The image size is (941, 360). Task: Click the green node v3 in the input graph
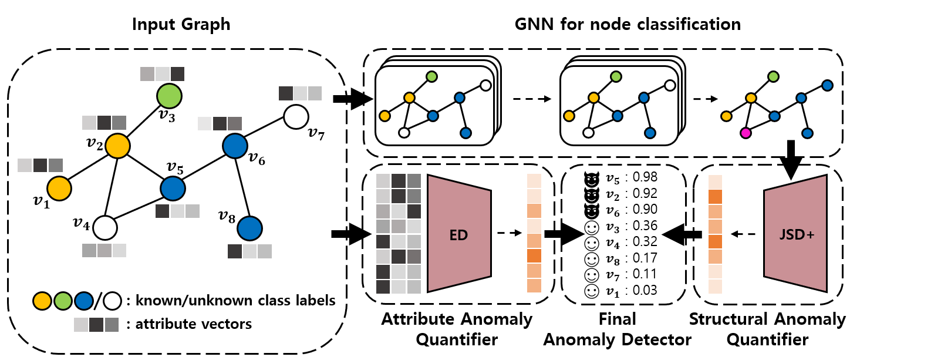(x=169, y=96)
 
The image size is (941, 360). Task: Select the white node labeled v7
(x=296, y=116)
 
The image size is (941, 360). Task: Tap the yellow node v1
(x=59, y=189)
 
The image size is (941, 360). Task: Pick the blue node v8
(x=249, y=228)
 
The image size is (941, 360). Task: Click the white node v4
(x=105, y=228)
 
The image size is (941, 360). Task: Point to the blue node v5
(x=173, y=189)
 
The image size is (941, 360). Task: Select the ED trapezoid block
(x=458, y=235)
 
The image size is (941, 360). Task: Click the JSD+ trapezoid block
(x=795, y=234)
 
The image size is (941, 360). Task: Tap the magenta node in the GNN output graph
(x=746, y=133)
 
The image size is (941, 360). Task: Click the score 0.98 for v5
(x=645, y=177)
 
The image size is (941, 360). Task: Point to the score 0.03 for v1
(x=645, y=290)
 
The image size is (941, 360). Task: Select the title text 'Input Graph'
(x=181, y=24)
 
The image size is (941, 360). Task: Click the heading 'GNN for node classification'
(x=627, y=24)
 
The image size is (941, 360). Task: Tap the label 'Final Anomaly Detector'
(x=617, y=329)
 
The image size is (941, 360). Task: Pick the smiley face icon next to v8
(x=592, y=259)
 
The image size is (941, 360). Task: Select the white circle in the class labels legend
(x=112, y=301)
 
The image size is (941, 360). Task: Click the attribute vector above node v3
(x=163, y=74)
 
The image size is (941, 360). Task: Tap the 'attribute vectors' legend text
(x=193, y=324)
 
